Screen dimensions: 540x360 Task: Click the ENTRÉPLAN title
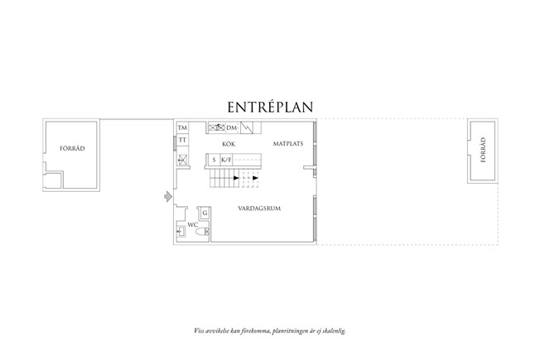[x=270, y=107]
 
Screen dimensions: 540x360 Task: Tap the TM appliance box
[x=182, y=127]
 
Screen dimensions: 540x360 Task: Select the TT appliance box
[x=182, y=140]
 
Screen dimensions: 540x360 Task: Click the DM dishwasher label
[x=231, y=128]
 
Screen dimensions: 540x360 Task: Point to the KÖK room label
[x=229, y=144]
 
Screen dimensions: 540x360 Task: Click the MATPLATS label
[x=288, y=143]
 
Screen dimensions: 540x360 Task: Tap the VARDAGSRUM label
[x=259, y=209]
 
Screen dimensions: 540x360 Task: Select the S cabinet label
[x=214, y=160]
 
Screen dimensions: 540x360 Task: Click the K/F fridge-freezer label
[x=226, y=160]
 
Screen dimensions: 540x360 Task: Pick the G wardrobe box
[x=205, y=213]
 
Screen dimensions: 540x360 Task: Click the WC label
[x=193, y=225]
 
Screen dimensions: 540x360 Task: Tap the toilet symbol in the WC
[x=202, y=232]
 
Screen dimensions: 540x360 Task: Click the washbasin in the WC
[x=181, y=232]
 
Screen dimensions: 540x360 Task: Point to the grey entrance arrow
[x=168, y=196]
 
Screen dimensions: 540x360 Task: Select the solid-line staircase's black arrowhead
[x=236, y=178]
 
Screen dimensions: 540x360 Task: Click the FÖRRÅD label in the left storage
[x=72, y=149]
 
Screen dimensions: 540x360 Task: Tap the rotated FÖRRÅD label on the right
[x=483, y=150]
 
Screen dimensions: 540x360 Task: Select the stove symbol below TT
[x=182, y=160]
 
